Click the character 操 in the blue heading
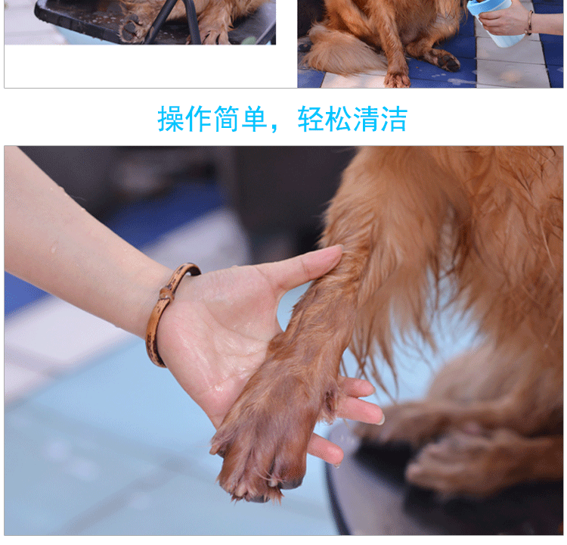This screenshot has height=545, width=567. click(172, 120)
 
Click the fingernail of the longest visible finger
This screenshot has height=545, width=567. click(380, 419)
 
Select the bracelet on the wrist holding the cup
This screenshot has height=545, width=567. click(529, 23)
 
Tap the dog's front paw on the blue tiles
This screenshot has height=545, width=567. click(396, 77)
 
